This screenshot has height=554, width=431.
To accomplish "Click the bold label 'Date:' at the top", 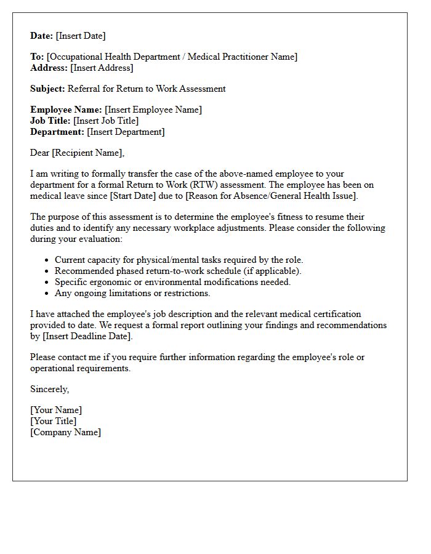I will [x=42, y=36].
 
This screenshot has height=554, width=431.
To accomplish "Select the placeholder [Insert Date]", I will [x=81, y=36].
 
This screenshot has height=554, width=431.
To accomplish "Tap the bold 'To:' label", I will [x=37, y=57].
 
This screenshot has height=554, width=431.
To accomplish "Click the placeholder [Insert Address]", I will [x=102, y=68].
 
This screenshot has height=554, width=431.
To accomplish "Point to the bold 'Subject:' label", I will [x=47, y=89].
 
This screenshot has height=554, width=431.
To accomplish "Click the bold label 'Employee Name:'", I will [x=66, y=110].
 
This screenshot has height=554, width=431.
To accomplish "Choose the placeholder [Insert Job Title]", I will [x=106, y=121].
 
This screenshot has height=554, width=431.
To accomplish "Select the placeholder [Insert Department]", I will [x=126, y=132].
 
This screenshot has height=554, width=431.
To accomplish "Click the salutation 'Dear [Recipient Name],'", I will [x=77, y=153].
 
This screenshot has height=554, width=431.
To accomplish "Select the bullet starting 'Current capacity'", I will [x=179, y=260].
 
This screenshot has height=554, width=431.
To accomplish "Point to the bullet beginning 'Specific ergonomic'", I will [x=172, y=282].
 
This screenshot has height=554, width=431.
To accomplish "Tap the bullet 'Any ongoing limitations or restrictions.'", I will [x=132, y=293].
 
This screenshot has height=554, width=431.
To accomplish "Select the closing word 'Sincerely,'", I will [x=50, y=389].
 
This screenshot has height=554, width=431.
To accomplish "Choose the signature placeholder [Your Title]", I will [x=54, y=421].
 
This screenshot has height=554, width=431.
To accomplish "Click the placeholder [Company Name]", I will [x=66, y=432].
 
